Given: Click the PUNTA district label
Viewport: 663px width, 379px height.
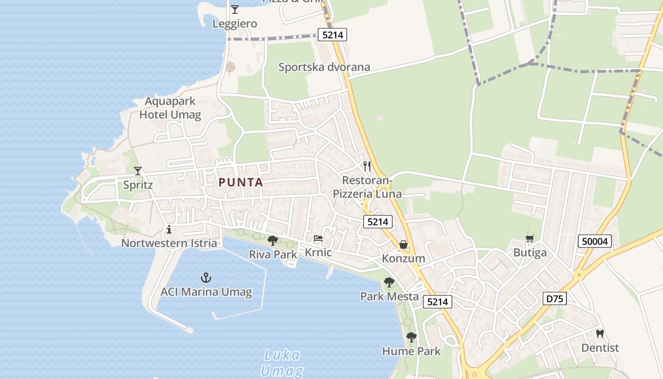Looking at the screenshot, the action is (x=241, y=182).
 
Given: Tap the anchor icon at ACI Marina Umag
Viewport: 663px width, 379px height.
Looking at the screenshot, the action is (x=206, y=277).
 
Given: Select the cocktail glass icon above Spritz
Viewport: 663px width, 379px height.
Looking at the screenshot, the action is (x=138, y=171).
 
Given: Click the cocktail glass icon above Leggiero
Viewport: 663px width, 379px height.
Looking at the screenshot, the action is (x=234, y=9).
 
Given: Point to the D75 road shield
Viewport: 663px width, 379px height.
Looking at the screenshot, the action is (x=554, y=298).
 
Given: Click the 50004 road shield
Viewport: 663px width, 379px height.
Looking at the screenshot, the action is (x=595, y=241).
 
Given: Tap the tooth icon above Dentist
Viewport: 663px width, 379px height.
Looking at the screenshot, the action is (x=600, y=334).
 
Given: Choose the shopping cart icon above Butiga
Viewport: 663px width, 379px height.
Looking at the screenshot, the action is (x=530, y=238).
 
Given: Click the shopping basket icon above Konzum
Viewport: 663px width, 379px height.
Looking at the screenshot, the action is (x=403, y=244).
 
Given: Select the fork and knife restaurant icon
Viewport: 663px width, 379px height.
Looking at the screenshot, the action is (x=367, y=166).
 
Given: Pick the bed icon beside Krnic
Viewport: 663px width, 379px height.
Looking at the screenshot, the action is (x=318, y=238).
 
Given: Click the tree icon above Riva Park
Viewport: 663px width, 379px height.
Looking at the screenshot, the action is (x=273, y=240).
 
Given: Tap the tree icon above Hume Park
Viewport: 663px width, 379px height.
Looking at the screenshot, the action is (x=412, y=337).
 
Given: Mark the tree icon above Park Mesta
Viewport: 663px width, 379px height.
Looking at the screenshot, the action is (x=389, y=282).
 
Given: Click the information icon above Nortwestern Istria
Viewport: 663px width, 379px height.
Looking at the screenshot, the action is (x=169, y=230).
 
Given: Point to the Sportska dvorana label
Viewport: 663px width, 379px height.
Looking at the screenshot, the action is (x=324, y=67).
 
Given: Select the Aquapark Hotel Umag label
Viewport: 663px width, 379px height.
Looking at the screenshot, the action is (x=170, y=108).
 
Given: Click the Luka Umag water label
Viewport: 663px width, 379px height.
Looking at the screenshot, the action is (x=282, y=362).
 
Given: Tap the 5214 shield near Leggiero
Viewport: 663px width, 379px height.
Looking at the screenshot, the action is (x=332, y=34).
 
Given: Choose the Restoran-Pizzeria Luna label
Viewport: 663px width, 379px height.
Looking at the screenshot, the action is (x=367, y=187).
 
